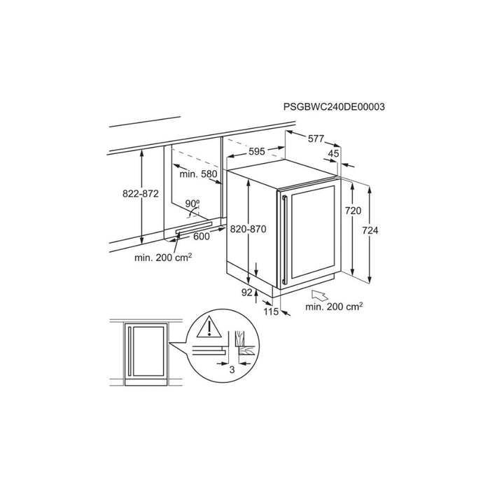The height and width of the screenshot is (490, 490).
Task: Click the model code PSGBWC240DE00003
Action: (334, 107)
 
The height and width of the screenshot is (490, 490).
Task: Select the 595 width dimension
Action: (257, 152)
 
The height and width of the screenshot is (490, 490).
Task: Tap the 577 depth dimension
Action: (316, 139)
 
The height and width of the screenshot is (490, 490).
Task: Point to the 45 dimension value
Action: (333, 153)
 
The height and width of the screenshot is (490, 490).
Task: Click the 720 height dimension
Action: (353, 211)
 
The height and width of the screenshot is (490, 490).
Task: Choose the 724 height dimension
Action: (370, 230)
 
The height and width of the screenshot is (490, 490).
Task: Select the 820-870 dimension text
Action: (248, 230)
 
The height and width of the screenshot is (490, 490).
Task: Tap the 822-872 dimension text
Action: (141, 194)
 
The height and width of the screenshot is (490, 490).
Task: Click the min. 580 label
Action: (198, 174)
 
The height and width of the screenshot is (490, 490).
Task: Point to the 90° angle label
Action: (192, 204)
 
